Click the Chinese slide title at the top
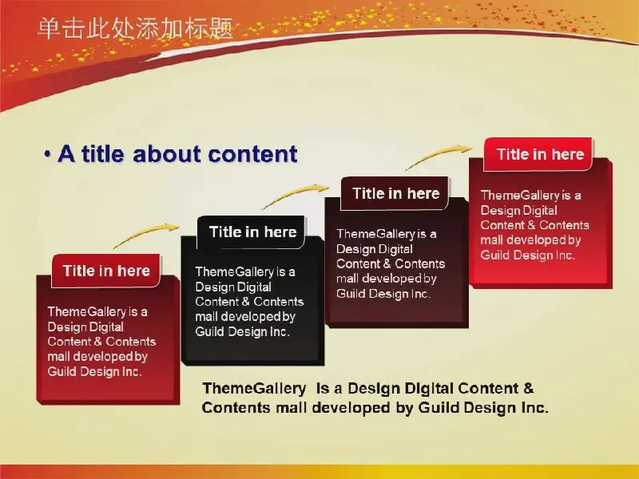pyautogui.click(x=135, y=29)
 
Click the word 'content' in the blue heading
pyautogui.click(x=252, y=154)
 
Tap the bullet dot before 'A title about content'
pyautogui.click(x=48, y=155)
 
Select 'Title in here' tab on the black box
pyautogui.click(x=252, y=232)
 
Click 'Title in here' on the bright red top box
pyautogui.click(x=541, y=154)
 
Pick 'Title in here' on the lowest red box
pyautogui.click(x=106, y=271)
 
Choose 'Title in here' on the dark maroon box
pyautogui.click(x=396, y=193)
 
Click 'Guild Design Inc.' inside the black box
pyautogui.click(x=242, y=331)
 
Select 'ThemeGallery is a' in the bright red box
pyautogui.click(x=530, y=195)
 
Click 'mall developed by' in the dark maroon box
pyautogui.click(x=387, y=279)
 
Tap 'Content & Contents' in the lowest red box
pyautogui.click(x=101, y=342)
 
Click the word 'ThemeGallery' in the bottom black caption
pyautogui.click(x=254, y=388)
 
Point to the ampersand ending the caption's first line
pyautogui.click(x=529, y=388)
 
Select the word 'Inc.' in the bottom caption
pyautogui.click(x=535, y=407)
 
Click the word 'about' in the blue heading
pyautogui.click(x=168, y=154)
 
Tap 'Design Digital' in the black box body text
pyautogui.click(x=233, y=287)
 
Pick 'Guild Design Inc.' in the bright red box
pyautogui.click(x=527, y=255)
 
